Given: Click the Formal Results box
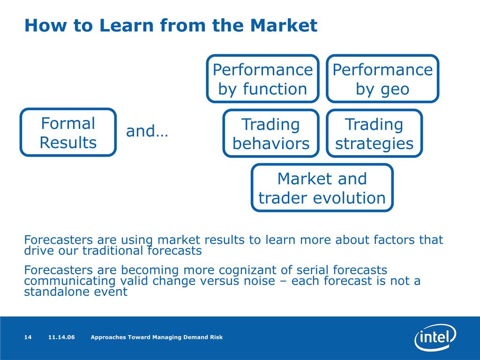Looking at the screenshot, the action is click(68, 133).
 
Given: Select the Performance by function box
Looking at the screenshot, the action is click(262, 79).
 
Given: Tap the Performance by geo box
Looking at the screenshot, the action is click(382, 79).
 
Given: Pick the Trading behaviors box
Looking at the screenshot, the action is click(271, 134).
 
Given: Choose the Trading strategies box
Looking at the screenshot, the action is click(374, 134).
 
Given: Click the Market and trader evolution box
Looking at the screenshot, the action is click(322, 188).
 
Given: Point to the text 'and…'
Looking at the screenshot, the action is click(147, 132).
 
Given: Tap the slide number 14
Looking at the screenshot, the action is click(28, 337).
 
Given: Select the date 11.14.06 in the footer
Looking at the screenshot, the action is click(61, 337).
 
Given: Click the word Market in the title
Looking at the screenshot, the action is click(287, 25).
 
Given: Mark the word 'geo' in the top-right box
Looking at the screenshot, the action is click(395, 89).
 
